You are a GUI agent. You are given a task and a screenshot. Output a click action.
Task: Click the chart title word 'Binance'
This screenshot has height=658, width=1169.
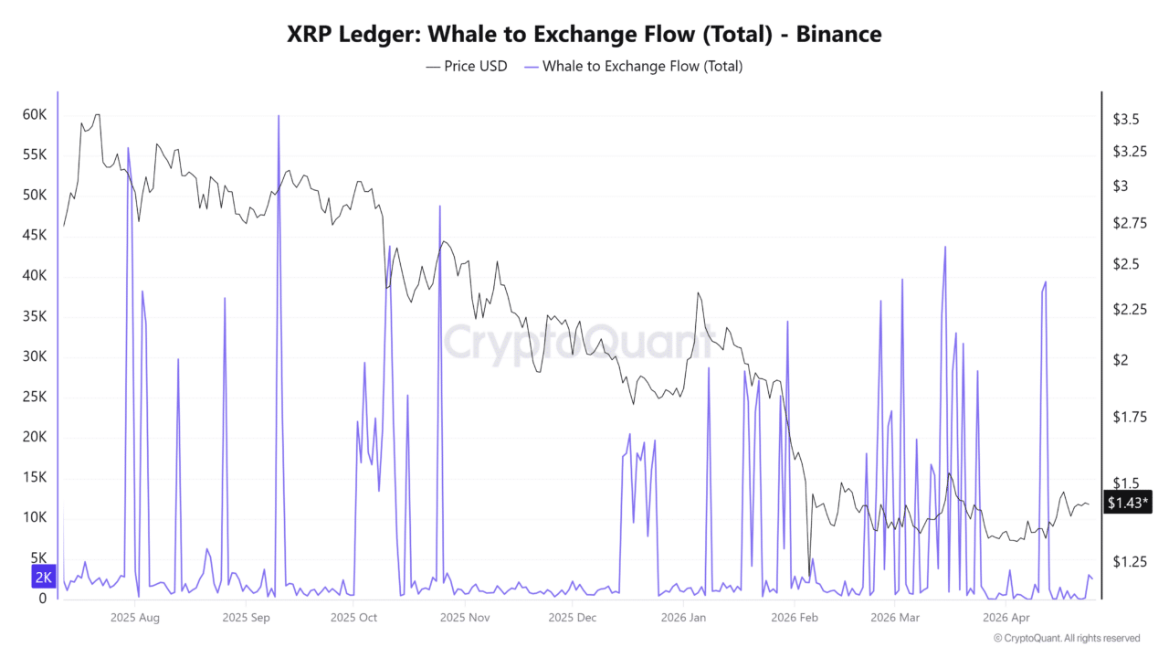(838, 35)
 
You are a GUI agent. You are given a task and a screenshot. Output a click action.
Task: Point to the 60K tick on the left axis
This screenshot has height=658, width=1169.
(35, 114)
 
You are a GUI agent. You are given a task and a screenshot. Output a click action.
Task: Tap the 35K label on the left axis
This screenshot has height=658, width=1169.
(35, 316)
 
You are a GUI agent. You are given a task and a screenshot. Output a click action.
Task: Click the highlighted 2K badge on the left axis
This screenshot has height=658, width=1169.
(43, 577)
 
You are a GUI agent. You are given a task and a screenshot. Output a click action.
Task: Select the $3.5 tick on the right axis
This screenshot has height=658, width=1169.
(1125, 120)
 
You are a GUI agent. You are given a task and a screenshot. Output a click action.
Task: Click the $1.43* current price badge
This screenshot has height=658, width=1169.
(1129, 503)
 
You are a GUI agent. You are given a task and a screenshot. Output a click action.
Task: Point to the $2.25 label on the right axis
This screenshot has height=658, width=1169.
(1129, 310)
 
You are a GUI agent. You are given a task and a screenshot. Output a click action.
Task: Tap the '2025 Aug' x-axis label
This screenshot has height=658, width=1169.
(134, 618)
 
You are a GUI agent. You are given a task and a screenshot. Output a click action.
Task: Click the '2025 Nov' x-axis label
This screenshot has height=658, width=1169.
(465, 618)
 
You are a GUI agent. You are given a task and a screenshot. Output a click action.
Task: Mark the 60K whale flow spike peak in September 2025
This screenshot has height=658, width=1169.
(279, 116)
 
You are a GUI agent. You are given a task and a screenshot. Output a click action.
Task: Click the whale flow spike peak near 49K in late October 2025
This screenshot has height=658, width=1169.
(439, 206)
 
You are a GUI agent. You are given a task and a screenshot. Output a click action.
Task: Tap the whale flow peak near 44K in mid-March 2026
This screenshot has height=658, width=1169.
(945, 247)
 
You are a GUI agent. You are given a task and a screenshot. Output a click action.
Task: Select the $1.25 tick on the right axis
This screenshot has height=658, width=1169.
(1129, 561)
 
